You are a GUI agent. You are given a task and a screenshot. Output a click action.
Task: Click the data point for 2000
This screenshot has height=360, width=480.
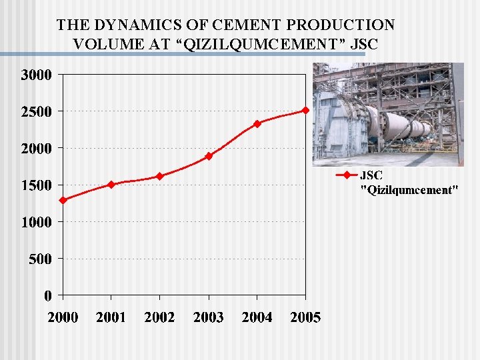tap(63, 200)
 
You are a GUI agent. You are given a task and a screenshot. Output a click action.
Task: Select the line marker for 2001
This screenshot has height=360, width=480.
tap(111, 185)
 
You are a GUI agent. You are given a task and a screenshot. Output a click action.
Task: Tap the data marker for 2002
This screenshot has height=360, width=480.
tap(160, 176)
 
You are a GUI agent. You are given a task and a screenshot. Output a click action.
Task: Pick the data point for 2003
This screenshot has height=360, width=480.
tap(209, 156)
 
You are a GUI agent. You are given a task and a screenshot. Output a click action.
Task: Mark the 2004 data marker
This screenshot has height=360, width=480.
tap(257, 124)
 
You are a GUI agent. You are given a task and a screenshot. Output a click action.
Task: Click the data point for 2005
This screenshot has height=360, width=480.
tap(305, 110)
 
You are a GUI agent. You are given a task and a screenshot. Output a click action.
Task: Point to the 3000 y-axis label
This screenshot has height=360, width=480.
tap(36, 75)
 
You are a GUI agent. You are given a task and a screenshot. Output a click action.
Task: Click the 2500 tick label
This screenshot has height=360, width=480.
tap(36, 112)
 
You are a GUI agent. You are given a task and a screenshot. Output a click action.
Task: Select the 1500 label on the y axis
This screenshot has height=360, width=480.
tap(36, 185)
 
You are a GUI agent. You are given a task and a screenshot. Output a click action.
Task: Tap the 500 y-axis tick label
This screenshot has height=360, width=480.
tap(40, 259)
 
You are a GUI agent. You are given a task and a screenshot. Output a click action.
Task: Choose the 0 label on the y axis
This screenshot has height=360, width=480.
tap(48, 295)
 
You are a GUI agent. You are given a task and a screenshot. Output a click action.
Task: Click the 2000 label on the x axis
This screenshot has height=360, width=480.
tap(63, 317)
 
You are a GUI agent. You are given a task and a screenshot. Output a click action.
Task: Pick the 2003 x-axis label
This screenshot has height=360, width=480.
tap(209, 317)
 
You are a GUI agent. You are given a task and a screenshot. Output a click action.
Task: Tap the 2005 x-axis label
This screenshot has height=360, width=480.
tap(305, 317)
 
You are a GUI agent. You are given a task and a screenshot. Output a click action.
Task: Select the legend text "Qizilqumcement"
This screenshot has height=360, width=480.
tap(409, 190)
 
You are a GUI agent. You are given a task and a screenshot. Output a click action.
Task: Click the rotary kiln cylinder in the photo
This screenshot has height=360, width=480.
tap(393, 123)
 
